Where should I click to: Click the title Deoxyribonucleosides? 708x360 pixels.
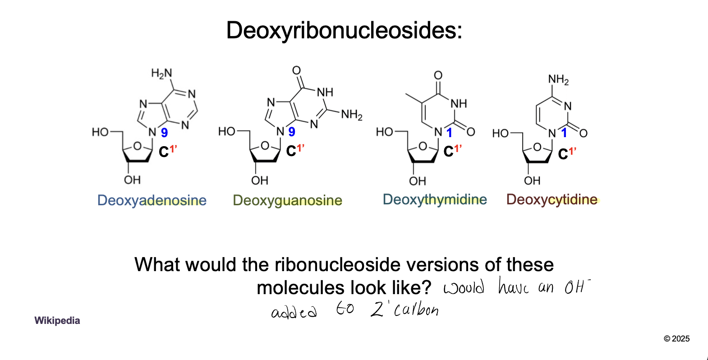[x=344, y=31]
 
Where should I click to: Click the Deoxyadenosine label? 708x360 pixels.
[x=152, y=200]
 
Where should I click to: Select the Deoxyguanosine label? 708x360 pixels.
[x=287, y=200]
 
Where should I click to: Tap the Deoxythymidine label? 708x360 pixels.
[x=435, y=199]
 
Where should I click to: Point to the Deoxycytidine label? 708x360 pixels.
[x=552, y=199]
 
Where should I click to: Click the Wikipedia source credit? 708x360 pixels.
[x=57, y=321]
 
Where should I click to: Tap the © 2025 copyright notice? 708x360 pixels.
[x=676, y=339]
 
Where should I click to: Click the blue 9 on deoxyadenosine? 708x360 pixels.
[x=165, y=133]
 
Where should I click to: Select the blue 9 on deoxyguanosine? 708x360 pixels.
[x=292, y=132]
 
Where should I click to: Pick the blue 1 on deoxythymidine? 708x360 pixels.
[x=449, y=133]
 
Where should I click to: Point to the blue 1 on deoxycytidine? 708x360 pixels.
[x=564, y=133]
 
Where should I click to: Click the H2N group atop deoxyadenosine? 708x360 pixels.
[x=161, y=73]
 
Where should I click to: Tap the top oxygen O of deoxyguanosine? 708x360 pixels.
[x=296, y=70]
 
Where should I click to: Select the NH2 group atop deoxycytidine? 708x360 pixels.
[x=558, y=80]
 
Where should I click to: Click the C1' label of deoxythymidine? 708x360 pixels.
[x=452, y=151]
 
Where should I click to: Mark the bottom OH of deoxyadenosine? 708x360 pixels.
[x=132, y=180]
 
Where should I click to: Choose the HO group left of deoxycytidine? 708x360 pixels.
[x=500, y=134]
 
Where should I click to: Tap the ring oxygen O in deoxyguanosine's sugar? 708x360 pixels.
[x=265, y=146]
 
